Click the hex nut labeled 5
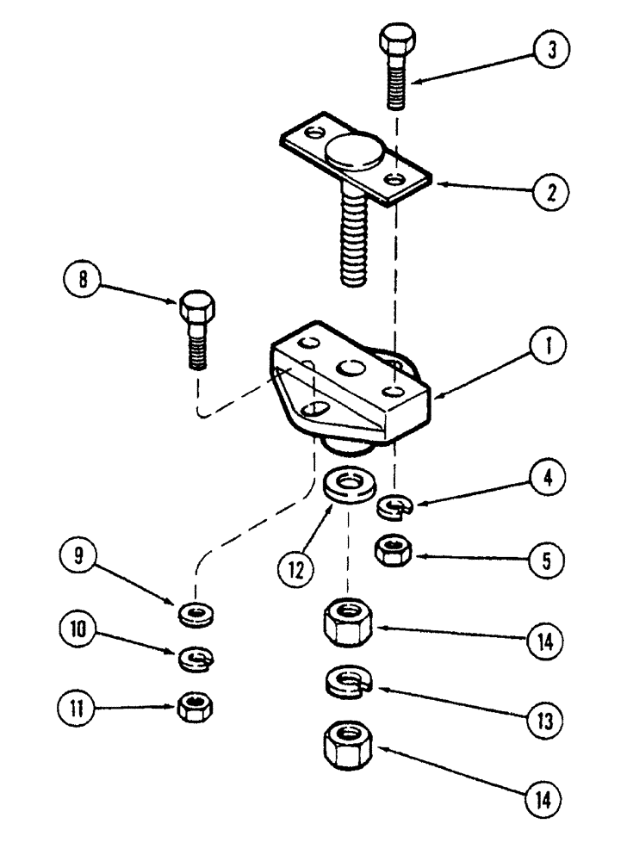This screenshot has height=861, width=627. pos(394,549)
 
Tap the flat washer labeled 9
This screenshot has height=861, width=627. pos(198,615)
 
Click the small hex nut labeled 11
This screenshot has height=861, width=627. pos(196,707)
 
